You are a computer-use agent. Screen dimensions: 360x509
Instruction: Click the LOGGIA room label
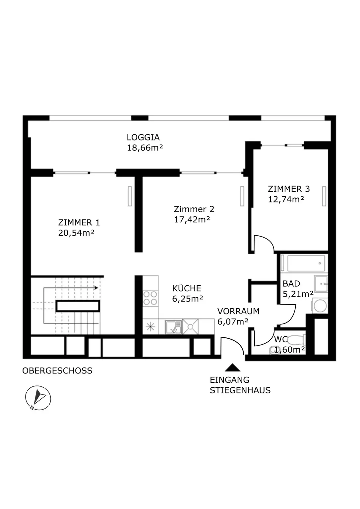coord(143,138)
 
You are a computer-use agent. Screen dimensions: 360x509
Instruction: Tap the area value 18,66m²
coord(145,148)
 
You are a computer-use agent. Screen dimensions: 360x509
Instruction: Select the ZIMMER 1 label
coord(79,222)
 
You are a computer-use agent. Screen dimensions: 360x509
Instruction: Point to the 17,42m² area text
coord(192,219)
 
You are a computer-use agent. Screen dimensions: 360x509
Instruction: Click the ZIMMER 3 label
coord(289,189)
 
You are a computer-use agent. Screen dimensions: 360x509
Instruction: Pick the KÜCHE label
coord(187,288)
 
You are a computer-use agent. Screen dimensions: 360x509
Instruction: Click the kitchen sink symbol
coord(173,327)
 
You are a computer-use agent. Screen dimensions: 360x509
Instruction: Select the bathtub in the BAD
coord(306,263)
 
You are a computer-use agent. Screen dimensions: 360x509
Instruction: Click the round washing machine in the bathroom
coord(320,306)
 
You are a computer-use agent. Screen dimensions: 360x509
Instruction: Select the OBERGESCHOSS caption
coord(57,370)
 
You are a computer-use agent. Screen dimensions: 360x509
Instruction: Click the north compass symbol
coord(38,398)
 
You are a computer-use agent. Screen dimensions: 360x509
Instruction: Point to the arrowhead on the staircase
coord(96,288)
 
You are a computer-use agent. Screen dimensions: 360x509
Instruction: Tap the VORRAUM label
coord(238,311)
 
